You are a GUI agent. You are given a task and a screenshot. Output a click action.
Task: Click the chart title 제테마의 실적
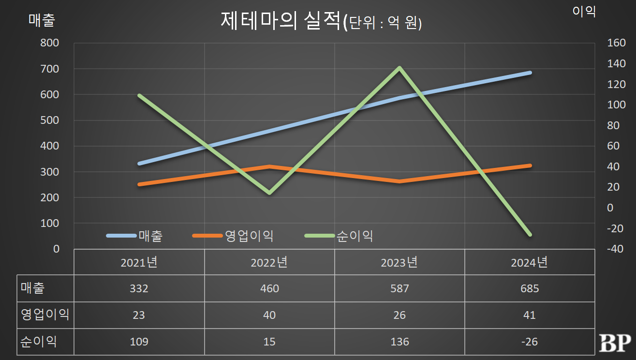[281, 22]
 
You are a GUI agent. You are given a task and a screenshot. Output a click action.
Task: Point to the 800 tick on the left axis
[50, 43]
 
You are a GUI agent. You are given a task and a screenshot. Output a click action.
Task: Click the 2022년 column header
[269, 263]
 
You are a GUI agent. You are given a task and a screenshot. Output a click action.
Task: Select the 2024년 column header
[530, 263]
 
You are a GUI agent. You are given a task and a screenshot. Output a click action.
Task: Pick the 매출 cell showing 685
[530, 289]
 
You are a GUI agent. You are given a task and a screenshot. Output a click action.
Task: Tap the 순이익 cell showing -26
[530, 342]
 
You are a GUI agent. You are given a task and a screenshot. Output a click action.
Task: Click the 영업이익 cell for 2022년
[269, 315]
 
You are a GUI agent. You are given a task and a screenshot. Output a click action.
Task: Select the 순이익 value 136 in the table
[399, 342]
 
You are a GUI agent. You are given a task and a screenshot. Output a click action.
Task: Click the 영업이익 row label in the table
[45, 315]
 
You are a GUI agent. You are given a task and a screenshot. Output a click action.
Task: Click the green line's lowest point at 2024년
[530, 235]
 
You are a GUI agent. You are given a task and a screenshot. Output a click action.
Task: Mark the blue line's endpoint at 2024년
[530, 73]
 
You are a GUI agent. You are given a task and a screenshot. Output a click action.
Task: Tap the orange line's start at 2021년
[139, 184]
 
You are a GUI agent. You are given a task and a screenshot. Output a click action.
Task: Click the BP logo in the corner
[615, 343]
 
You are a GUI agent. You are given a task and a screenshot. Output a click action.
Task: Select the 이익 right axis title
[584, 12]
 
